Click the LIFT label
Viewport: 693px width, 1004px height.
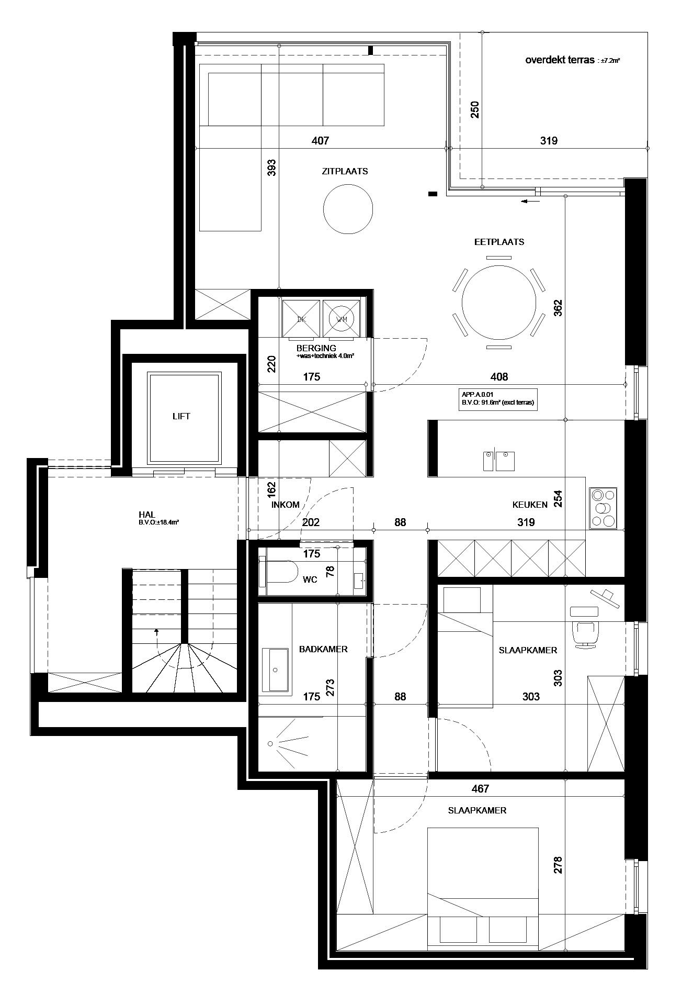181,416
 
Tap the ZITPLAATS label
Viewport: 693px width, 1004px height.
345,171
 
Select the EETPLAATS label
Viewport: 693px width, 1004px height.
499,242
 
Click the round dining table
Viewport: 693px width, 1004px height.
499,302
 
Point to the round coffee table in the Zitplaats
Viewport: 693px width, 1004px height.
348,210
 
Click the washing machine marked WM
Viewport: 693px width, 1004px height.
342,318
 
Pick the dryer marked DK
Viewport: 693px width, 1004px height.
301,318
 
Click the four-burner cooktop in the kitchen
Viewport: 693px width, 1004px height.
603,507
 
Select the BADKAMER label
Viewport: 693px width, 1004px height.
323,649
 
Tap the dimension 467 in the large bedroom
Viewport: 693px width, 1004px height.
480,788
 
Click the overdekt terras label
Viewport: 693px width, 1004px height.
560,60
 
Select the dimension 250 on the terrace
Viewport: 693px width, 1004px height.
475,109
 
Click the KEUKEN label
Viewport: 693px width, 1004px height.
530,505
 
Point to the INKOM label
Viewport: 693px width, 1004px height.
286,505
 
